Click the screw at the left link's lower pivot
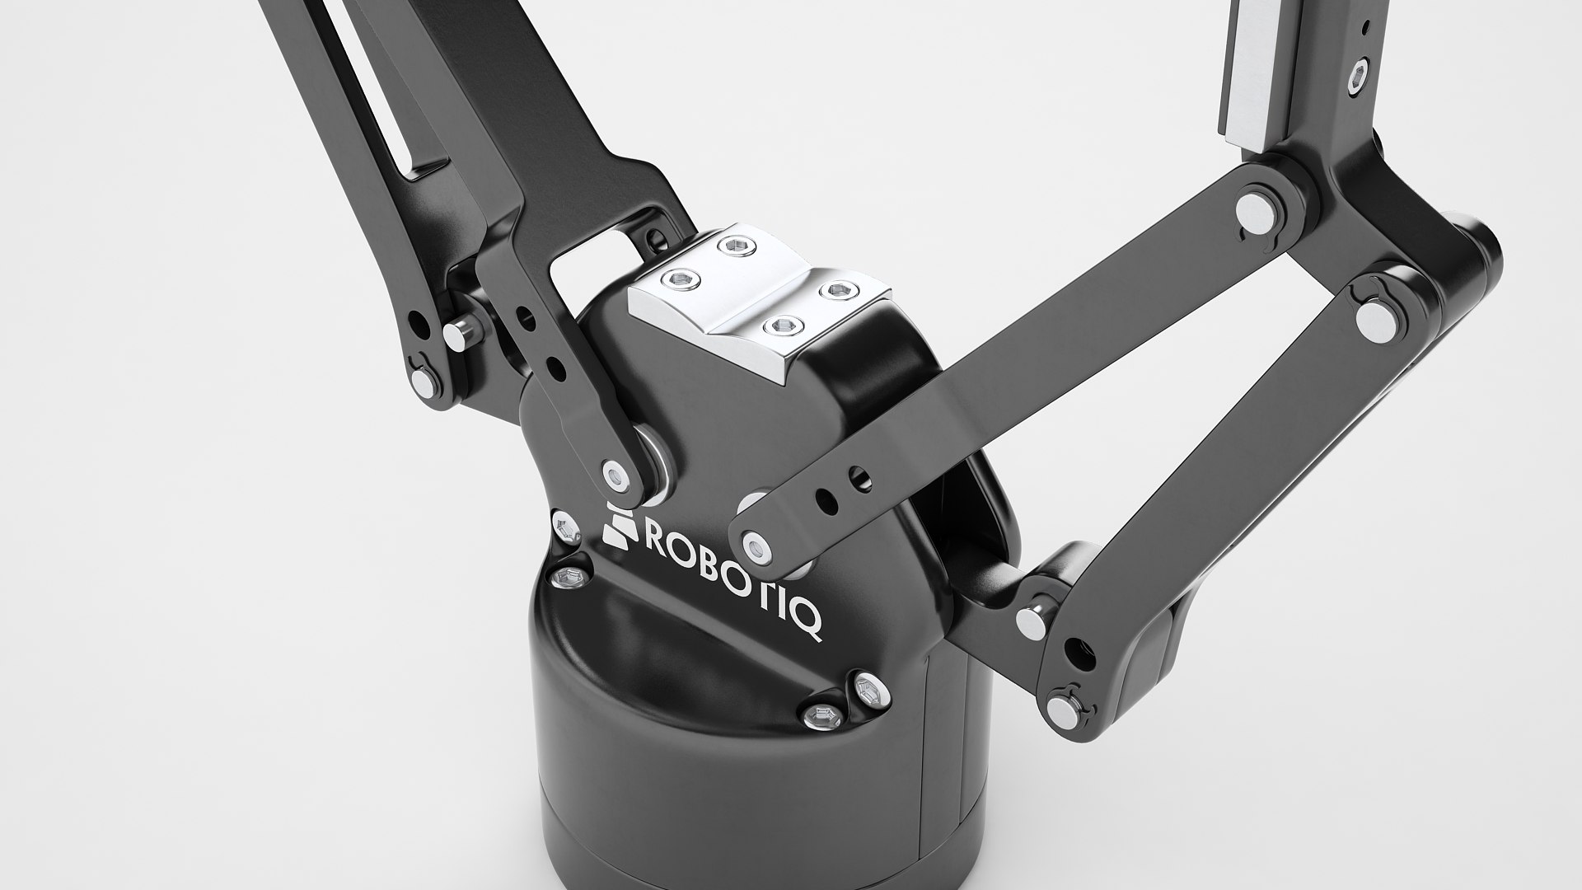pyautogui.click(x=614, y=475)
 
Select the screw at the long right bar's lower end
pyautogui.click(x=753, y=543)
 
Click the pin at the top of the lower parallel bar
pyautogui.click(x=1371, y=314)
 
